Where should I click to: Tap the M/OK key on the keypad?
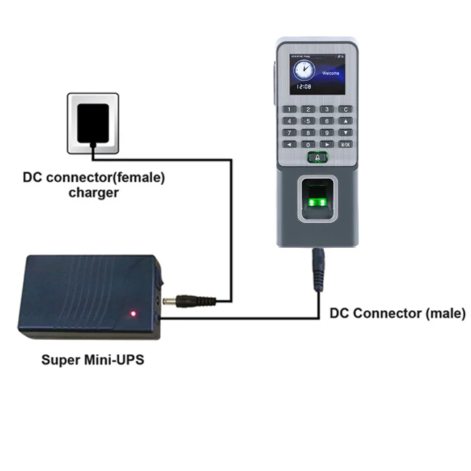(x=346, y=144)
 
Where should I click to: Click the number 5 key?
(x=308, y=121)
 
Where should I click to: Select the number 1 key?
(x=289, y=109)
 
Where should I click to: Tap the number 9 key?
(x=327, y=133)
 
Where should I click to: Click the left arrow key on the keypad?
(x=289, y=144)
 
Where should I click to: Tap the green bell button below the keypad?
(x=317, y=157)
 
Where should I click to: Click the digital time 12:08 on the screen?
(x=303, y=86)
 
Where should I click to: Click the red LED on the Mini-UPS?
(x=133, y=313)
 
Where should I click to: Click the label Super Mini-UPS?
(x=93, y=359)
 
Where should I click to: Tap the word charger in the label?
(x=93, y=193)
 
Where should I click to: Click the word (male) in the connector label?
(x=441, y=314)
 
